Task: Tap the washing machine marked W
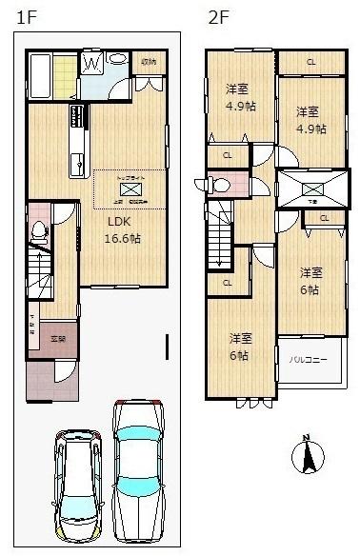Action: click(x=92, y=64)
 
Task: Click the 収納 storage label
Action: click(x=149, y=63)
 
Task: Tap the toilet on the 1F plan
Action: click(x=39, y=229)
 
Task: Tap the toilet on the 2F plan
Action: click(x=217, y=184)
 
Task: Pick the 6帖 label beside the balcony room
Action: click(x=310, y=280)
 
